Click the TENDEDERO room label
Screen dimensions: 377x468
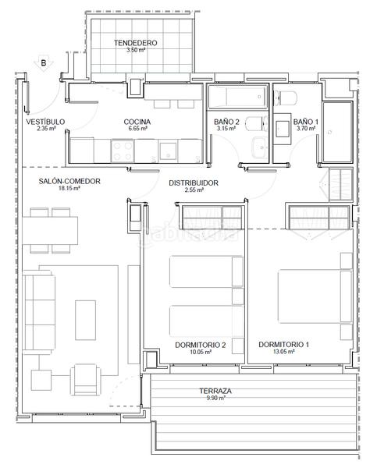(135, 43)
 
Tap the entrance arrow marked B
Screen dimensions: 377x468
(44, 64)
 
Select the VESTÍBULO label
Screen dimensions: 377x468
(45, 122)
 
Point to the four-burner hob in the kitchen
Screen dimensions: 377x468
(123, 151)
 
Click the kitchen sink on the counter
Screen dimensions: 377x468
(168, 151)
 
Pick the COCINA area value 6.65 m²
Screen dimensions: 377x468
(137, 129)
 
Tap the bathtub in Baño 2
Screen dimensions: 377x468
(237, 97)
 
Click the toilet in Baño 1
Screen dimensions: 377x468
(286, 98)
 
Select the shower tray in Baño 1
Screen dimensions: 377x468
(337, 133)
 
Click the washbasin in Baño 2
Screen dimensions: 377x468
(260, 147)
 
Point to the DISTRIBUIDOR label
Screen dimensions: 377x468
(194, 183)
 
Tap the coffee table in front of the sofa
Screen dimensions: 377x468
(85, 321)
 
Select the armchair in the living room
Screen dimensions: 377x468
(85, 380)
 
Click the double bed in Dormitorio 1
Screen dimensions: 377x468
(315, 296)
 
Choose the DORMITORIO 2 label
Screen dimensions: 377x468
(200, 345)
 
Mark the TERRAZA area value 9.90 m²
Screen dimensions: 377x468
(215, 398)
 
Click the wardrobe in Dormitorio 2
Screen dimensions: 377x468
(212, 217)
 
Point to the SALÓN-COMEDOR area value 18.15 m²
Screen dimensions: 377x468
(69, 188)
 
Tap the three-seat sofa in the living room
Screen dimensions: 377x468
(39, 313)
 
